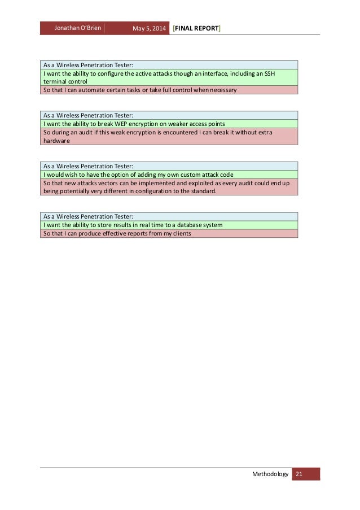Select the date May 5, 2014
148,28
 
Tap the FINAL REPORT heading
197,28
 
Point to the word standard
201,191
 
